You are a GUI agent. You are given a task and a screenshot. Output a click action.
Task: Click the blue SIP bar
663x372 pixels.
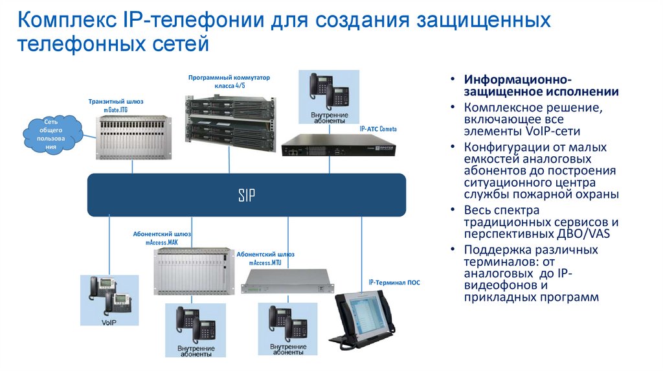[246, 194]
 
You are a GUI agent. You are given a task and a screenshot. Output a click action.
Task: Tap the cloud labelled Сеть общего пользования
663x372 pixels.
[51, 134]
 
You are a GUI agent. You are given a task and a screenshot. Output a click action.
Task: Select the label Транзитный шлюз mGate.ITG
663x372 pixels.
[116, 106]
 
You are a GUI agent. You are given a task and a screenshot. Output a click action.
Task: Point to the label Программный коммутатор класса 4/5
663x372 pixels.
[229, 80]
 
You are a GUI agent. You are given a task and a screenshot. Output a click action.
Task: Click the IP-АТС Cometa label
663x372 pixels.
[378, 129]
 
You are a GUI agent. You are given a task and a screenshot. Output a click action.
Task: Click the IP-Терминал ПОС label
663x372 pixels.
[394, 283]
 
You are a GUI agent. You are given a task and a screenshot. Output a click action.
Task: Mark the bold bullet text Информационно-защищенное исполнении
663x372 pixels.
[540, 86]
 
